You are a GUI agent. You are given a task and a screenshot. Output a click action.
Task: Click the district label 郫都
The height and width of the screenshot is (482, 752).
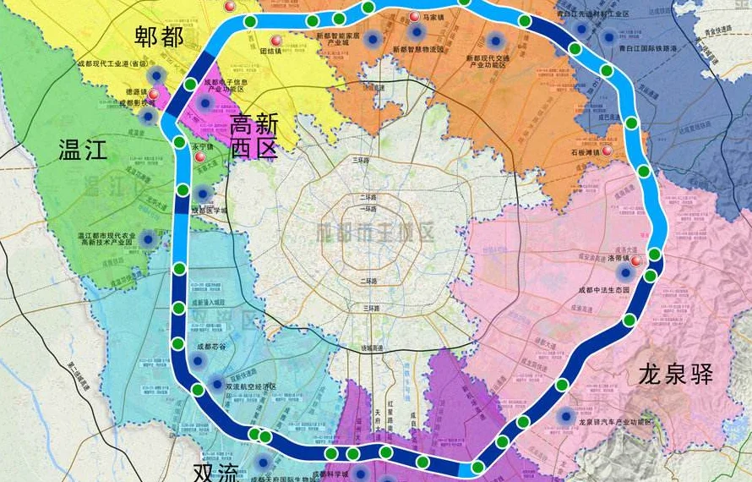pyautogui.click(x=159, y=36)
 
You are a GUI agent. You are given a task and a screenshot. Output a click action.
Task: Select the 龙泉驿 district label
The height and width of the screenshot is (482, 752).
pyautogui.click(x=676, y=375)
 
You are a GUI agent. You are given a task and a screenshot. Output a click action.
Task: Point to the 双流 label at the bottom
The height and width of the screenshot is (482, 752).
pyautogui.click(x=215, y=472)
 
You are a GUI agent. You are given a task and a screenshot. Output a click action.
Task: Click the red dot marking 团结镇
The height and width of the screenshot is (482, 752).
pyautogui.click(x=275, y=40)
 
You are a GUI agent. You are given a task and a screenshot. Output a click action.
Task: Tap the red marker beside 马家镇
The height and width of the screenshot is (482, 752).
pyautogui.click(x=414, y=17)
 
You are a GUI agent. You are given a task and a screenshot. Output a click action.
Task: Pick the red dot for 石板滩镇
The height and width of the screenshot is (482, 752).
pyautogui.click(x=607, y=151)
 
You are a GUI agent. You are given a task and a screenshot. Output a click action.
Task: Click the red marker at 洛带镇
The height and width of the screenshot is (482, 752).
pyautogui.click(x=635, y=261)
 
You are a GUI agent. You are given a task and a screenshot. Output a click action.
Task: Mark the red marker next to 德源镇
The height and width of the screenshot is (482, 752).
pyautogui.click(x=153, y=93)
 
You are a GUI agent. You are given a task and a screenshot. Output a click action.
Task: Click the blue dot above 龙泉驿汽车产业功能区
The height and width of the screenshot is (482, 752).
pyautogui.click(x=564, y=415)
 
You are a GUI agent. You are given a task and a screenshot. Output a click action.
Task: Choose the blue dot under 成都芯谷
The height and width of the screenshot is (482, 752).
pyautogui.click(x=199, y=361)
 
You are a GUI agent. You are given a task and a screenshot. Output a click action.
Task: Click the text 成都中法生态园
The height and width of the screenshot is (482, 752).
pyautogui.click(x=603, y=290)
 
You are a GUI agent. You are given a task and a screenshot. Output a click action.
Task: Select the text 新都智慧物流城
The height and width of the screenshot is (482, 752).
pyautogui.click(x=417, y=49)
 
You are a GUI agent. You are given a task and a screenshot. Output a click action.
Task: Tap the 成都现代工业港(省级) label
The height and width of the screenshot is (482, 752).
pyautogui.click(x=112, y=63)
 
